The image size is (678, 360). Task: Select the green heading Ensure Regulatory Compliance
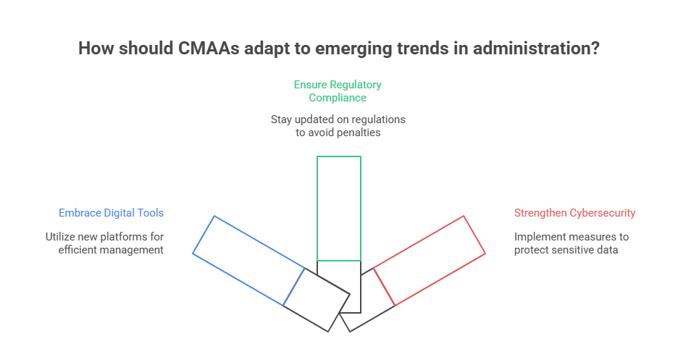[338, 91]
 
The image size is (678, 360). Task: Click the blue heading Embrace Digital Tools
[111, 213]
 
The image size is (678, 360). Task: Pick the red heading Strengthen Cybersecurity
[574, 213]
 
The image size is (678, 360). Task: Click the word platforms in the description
[140, 236]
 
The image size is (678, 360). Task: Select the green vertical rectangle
[338, 209]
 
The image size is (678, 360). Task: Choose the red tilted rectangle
[430, 260]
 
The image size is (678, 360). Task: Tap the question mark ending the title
[595, 49]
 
